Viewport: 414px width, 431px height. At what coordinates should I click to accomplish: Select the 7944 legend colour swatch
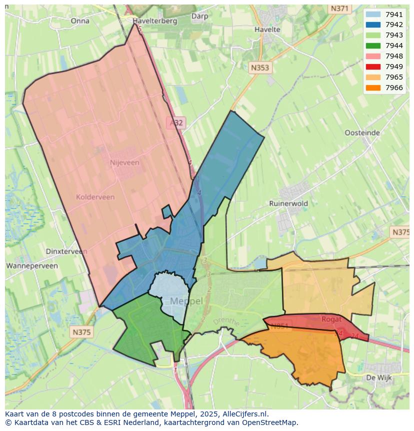point(372,46)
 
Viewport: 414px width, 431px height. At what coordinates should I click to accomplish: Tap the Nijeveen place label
point(124,163)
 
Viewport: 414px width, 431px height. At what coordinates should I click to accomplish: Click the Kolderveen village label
point(95,197)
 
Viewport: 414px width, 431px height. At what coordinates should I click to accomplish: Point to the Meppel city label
point(186,301)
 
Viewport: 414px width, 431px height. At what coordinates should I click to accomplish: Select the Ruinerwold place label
point(288,204)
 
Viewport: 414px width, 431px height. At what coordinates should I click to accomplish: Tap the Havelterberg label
point(155,21)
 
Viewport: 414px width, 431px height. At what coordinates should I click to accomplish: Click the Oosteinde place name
point(362,133)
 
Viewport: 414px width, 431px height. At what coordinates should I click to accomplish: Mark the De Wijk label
point(378,377)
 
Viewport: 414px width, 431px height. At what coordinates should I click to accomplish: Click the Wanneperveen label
point(32,266)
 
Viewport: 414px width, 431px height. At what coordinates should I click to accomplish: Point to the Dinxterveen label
point(66,252)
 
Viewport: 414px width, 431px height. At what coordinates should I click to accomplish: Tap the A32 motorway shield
point(175,123)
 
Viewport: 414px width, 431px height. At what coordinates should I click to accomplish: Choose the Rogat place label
point(332,319)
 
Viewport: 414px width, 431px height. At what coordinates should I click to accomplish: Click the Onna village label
point(80,21)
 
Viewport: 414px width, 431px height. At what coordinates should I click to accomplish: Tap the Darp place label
point(199,16)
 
